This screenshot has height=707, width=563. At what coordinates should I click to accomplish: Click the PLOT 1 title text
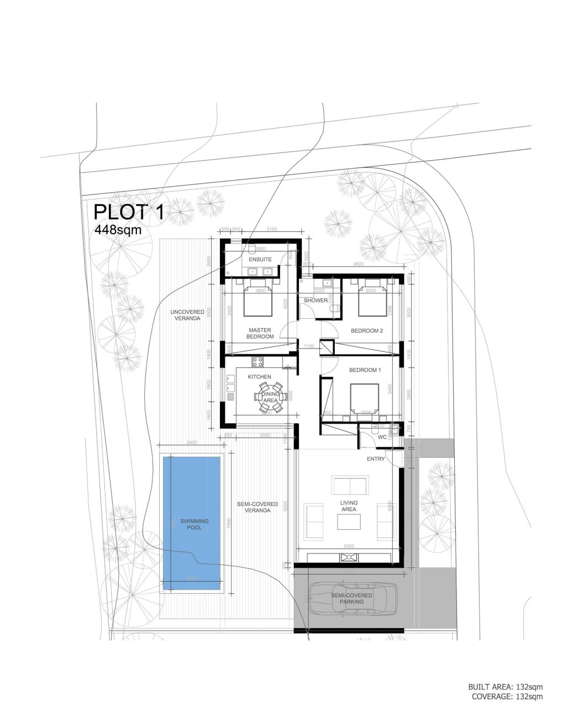click(x=129, y=212)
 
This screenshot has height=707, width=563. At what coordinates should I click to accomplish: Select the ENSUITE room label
click(x=260, y=259)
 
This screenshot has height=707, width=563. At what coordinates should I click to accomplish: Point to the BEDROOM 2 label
click(x=367, y=331)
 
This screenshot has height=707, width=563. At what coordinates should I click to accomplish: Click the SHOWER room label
click(x=315, y=300)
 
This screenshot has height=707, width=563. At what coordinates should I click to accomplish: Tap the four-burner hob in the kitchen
click(x=257, y=362)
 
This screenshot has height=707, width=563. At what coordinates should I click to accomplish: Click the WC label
click(x=382, y=437)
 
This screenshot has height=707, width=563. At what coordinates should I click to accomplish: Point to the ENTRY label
click(x=376, y=459)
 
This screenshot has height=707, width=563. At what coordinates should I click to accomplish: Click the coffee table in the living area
click(x=349, y=521)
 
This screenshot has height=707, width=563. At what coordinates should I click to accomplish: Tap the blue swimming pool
click(x=192, y=522)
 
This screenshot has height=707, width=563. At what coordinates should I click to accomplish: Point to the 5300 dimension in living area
click(x=348, y=546)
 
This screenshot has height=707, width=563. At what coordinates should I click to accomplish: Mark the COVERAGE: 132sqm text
click(x=507, y=697)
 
